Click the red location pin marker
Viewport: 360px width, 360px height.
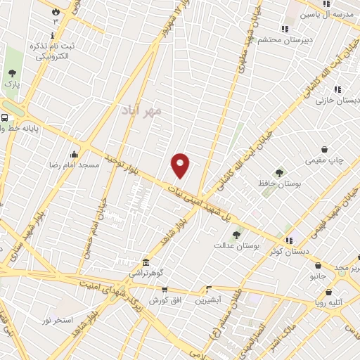(x=181, y=165)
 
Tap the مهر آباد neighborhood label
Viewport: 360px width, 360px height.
(x=141, y=110)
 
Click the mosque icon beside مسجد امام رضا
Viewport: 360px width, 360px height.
(x=75, y=155)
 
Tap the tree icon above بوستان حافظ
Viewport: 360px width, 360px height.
(x=279, y=172)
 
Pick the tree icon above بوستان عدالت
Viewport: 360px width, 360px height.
(x=236, y=236)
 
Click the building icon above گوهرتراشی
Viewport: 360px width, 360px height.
(x=146, y=262)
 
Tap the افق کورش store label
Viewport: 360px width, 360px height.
(x=165, y=300)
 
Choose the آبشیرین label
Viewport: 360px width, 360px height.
(x=209, y=300)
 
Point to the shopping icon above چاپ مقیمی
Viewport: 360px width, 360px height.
(x=324, y=149)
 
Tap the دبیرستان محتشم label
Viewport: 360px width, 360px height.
(x=288, y=40)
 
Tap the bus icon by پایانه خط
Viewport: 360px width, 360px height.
(x=5, y=118)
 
